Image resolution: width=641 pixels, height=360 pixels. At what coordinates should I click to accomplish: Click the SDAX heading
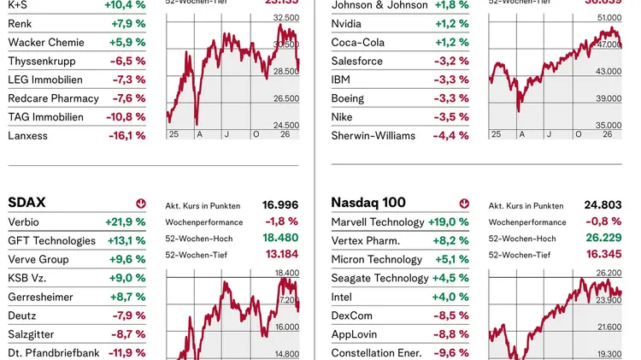click(x=26, y=203)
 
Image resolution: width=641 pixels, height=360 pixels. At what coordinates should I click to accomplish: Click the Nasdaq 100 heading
click(x=368, y=203)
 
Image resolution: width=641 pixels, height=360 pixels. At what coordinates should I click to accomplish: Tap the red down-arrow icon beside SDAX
click(x=140, y=204)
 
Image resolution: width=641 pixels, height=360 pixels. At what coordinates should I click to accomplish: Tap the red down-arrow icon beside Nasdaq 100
click(x=464, y=204)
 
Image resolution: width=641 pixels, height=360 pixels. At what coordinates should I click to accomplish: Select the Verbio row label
click(x=25, y=221)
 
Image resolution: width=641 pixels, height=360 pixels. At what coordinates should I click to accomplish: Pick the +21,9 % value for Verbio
click(x=126, y=221)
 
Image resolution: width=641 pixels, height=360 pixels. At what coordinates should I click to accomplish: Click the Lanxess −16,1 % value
click(x=126, y=135)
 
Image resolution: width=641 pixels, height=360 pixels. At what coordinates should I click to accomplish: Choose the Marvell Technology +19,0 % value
click(x=449, y=221)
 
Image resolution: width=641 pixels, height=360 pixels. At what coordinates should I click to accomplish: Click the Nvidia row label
click(x=348, y=23)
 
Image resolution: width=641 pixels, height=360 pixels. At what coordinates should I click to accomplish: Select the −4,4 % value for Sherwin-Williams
click(x=451, y=135)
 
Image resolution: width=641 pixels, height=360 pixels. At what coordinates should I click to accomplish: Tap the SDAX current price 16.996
click(x=280, y=205)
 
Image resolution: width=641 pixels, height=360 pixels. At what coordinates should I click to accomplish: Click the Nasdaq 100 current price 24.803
click(x=603, y=205)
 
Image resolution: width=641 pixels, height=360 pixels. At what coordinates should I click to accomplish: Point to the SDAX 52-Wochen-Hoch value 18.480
click(x=280, y=238)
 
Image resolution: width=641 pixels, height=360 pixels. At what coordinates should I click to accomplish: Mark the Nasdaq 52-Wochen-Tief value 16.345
click(x=603, y=254)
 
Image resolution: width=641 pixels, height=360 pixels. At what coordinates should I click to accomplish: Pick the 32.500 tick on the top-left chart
click(x=285, y=17)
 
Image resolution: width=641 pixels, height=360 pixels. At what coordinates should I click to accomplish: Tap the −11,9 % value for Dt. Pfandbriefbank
click(x=126, y=352)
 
